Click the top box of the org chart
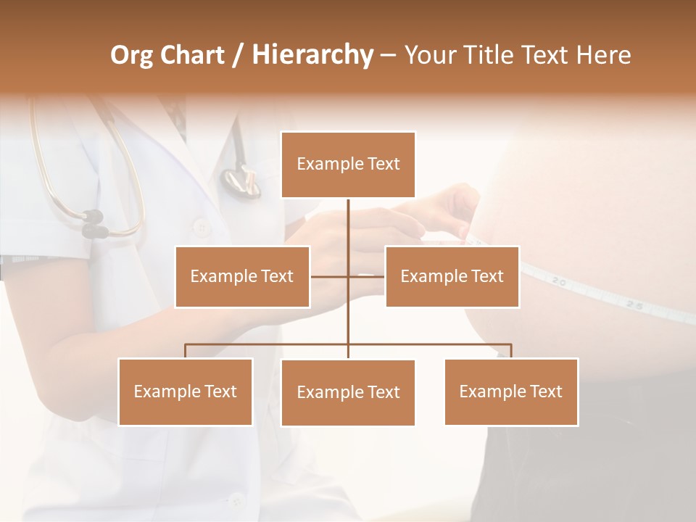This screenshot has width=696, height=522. [348, 165]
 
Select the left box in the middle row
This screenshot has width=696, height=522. [242, 276]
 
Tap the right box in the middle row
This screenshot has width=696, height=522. [452, 276]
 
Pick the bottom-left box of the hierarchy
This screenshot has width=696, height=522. [186, 391]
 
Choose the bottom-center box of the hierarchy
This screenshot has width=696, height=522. [348, 392]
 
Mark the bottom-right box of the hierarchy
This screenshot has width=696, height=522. [511, 391]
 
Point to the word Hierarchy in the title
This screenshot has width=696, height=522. [312, 55]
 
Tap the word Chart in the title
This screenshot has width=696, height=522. [192, 55]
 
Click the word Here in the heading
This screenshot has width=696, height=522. [604, 55]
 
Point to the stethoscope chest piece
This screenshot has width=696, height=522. [241, 181]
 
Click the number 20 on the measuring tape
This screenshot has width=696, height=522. [558, 281]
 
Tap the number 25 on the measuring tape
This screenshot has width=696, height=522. [634, 306]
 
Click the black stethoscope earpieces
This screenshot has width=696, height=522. [94, 223]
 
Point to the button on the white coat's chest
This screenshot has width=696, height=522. [202, 228]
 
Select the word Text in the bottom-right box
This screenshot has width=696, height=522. [546, 391]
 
